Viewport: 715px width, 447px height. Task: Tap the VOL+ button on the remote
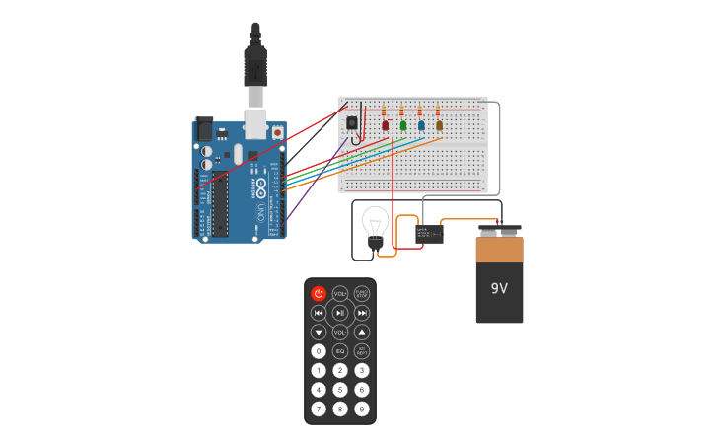(340, 294)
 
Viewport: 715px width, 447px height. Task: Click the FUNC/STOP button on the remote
(362, 294)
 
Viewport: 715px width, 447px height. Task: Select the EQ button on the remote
(340, 351)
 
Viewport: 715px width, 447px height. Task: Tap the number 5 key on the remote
(340, 390)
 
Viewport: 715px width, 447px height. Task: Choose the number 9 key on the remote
(362, 409)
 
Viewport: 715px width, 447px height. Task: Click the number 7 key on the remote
(319, 409)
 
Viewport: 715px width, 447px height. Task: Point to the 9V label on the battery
(499, 288)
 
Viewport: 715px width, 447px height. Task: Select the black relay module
(429, 234)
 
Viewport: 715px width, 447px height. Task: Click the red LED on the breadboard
(385, 125)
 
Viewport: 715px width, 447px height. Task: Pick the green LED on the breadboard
(402, 125)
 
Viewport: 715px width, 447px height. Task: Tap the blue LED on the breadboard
(421, 125)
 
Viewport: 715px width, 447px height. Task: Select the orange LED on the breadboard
(439, 125)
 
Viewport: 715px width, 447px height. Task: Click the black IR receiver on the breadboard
(352, 122)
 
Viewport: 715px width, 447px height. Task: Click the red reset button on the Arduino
(277, 132)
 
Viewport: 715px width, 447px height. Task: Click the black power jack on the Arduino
(203, 129)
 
